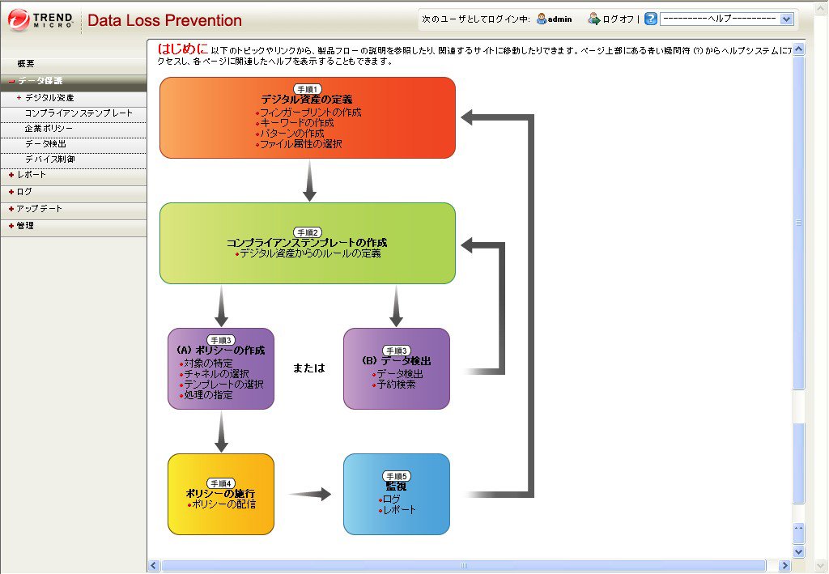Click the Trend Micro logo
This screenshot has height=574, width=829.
tap(40, 20)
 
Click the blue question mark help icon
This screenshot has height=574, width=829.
tap(651, 19)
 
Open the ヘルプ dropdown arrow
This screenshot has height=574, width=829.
tap(786, 19)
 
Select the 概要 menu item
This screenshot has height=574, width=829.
tap(26, 63)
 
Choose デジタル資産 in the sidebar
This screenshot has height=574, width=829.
tap(49, 98)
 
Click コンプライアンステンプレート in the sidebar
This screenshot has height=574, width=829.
tap(79, 113)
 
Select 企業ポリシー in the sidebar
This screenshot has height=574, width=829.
tap(49, 129)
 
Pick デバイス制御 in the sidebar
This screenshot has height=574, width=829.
tap(50, 159)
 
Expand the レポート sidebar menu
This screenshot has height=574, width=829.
tap(32, 174)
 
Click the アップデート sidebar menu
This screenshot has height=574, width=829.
tap(39, 209)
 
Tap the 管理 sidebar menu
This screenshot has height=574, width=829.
tap(25, 226)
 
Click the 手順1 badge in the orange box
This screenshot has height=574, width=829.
tap(308, 89)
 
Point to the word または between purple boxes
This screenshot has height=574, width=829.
tap(308, 368)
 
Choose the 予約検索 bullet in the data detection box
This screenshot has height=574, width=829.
tap(396, 385)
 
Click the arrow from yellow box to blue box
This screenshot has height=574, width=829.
tap(310, 494)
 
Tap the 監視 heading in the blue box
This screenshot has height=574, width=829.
tap(396, 487)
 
